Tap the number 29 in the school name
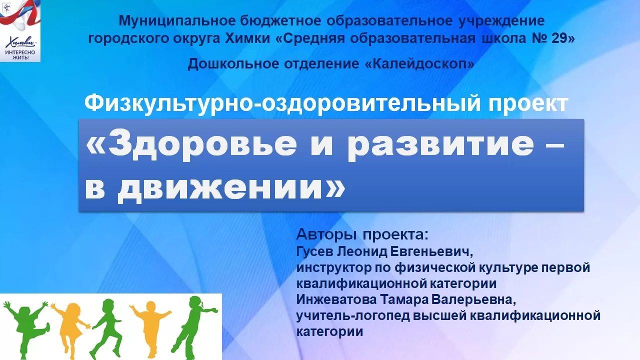559,38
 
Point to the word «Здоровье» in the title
202,144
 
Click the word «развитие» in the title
440,144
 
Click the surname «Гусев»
315,251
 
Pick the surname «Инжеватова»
336,299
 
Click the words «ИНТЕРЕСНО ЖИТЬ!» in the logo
20,55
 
